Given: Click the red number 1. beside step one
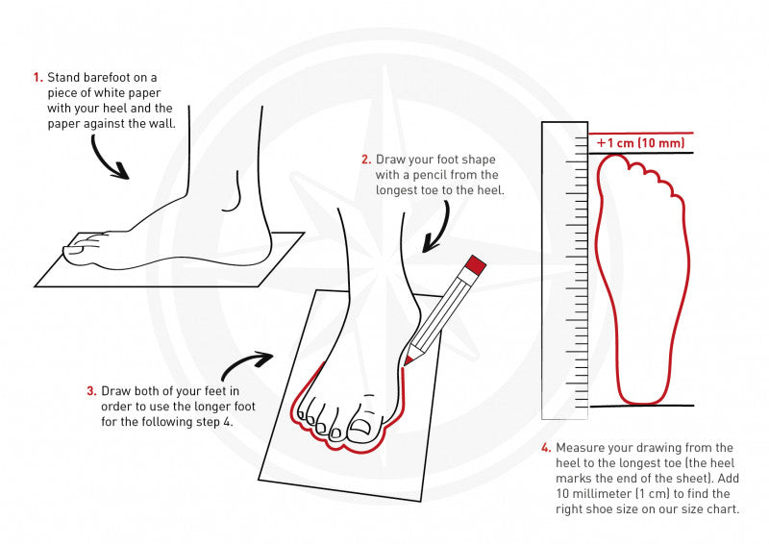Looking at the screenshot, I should (x=37, y=78).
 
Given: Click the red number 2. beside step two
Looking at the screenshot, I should (x=366, y=159).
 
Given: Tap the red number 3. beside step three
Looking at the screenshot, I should (x=91, y=391).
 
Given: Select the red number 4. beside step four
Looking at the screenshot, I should (x=546, y=448).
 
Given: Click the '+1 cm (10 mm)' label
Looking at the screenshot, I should (x=640, y=143).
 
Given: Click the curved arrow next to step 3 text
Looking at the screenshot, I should (x=247, y=364).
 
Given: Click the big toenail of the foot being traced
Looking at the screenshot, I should (x=364, y=426).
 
